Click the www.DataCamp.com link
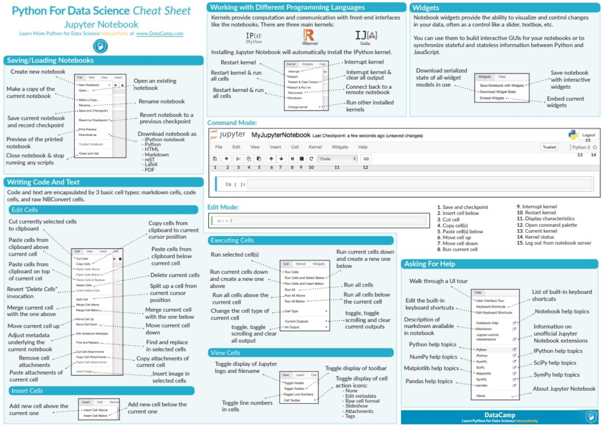click(160, 34)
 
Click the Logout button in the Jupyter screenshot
click(588, 135)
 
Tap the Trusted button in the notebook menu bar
click(549, 147)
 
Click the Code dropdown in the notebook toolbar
click(337, 159)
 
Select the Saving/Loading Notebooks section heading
click(50, 61)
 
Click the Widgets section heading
click(425, 8)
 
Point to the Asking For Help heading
click(429, 264)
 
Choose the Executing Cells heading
click(232, 241)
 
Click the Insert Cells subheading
click(27, 391)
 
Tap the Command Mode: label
click(232, 123)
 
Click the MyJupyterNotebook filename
click(281, 135)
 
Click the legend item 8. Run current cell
click(457, 250)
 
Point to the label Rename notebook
click(161, 101)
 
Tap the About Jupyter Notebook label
click(564, 389)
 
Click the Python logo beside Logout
click(573, 135)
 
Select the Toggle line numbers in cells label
click(247, 406)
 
